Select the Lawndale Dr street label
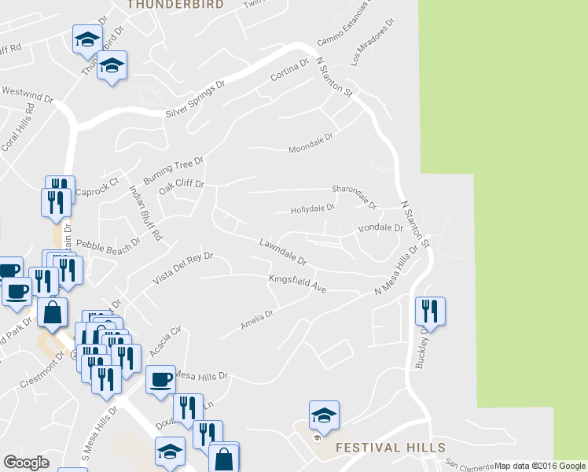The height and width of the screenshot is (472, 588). (283, 252)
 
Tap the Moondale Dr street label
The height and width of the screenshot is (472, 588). (311, 142)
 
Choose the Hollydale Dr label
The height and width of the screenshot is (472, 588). (313, 209)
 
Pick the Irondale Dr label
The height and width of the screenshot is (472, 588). (380, 228)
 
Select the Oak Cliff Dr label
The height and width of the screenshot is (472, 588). (182, 189)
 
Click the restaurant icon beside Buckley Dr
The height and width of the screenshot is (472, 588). (430, 311)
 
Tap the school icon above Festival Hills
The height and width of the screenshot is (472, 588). (324, 415)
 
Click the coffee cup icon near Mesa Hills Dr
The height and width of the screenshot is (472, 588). (161, 379)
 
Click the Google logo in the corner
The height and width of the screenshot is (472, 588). (26, 463)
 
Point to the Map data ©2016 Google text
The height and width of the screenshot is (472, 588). (541, 466)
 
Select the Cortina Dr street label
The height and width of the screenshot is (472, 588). (290, 72)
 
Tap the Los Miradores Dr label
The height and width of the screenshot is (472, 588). (371, 49)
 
